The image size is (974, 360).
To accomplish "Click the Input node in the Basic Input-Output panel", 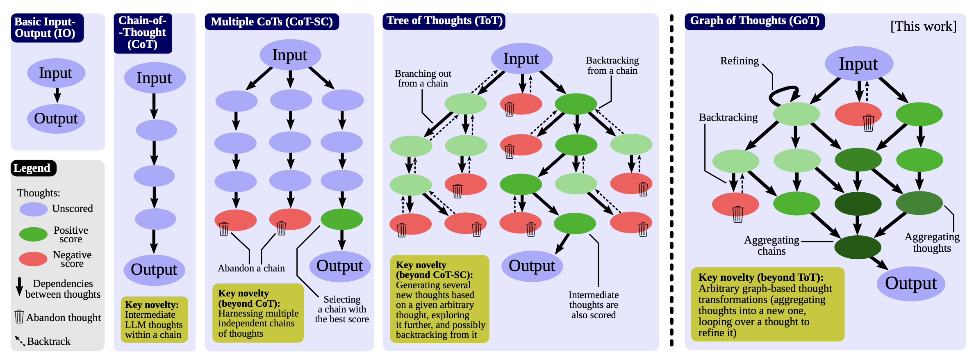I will click(56, 73).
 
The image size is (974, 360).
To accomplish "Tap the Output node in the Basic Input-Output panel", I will click(56, 118).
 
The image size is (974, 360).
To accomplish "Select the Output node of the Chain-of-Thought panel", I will click(154, 270).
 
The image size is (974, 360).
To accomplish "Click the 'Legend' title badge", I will click(33, 168).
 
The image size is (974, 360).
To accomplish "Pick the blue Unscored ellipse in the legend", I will click(34, 209).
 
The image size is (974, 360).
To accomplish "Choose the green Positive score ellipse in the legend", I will click(34, 234).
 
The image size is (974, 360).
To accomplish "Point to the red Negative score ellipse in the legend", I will click(34, 259).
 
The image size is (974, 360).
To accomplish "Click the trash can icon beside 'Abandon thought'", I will click(19, 317).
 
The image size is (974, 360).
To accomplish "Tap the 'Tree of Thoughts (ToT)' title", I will click(444, 21).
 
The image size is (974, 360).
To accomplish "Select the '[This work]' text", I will click(923, 26).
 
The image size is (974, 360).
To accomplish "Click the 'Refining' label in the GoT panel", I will click(740, 61).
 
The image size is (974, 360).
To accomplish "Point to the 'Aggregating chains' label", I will click(771, 245).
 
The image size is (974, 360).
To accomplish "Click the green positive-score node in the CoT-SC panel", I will click(341, 219).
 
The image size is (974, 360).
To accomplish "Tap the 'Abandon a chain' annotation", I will click(251, 268).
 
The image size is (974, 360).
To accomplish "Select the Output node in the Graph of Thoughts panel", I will click(911, 283).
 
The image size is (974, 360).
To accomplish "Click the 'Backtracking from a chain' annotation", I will click(612, 66).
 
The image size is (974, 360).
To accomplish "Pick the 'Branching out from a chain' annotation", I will click(423, 78).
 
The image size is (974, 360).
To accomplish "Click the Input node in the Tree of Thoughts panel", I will click(521, 59).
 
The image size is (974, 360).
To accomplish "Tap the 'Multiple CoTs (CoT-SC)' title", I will click(272, 22).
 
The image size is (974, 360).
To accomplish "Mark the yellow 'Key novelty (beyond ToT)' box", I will click(767, 304).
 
